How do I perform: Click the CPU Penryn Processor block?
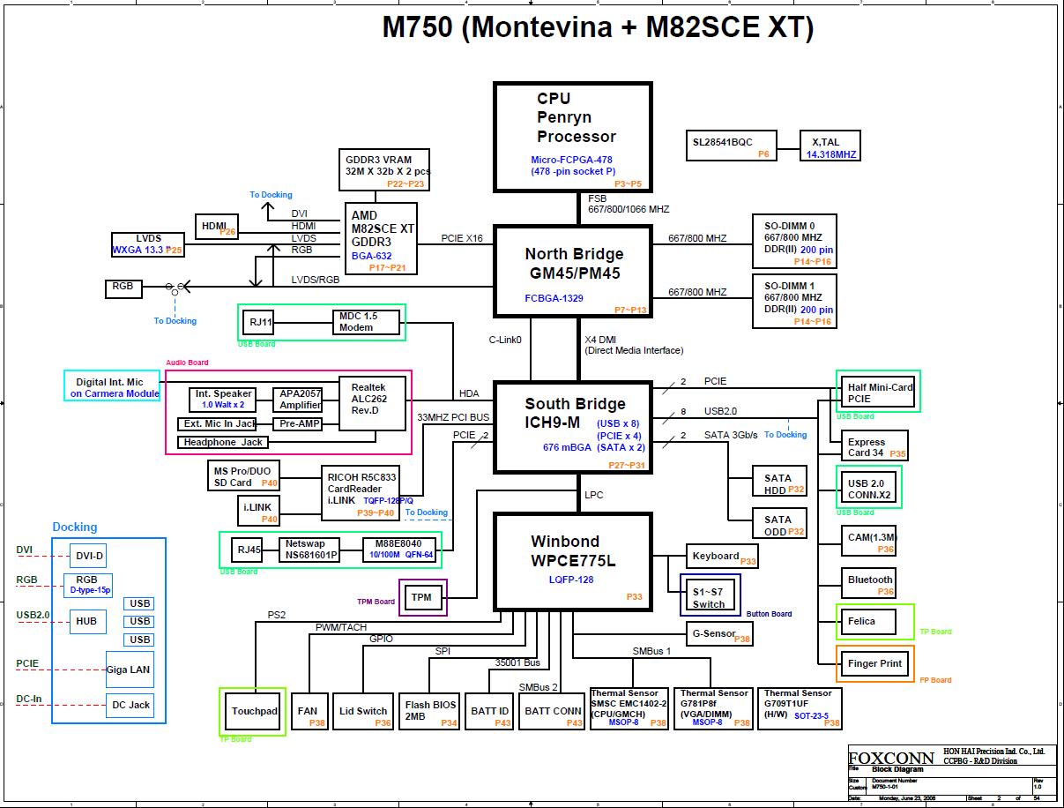pos(572,137)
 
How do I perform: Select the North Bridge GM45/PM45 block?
pos(572,272)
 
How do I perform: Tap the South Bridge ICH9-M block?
pos(572,427)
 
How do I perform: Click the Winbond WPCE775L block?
pos(572,562)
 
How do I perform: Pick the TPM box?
pos(422,597)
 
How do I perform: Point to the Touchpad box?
pos(254,711)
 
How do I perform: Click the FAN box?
pos(309,711)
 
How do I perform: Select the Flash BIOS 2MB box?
pos(430,711)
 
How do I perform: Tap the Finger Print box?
pos(874,663)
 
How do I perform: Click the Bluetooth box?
pos(870,580)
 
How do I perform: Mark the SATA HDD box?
pos(778,483)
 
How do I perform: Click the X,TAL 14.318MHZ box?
pos(830,146)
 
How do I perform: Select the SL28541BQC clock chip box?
pos(732,146)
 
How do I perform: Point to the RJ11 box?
pos(260,322)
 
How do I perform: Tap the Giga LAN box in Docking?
pos(129,670)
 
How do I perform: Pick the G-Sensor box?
pos(718,633)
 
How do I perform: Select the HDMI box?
pos(216,227)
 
